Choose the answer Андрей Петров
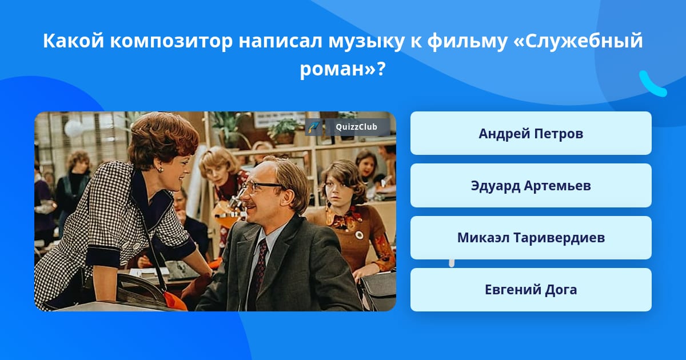[x=531, y=133]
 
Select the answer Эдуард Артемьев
[x=531, y=186]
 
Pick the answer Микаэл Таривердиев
[x=531, y=238]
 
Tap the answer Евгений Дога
[x=531, y=290]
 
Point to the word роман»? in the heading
[x=342, y=69]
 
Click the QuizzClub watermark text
[x=356, y=127]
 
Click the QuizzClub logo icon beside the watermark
[x=313, y=127]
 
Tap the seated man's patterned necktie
[x=259, y=269]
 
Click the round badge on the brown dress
[x=359, y=235]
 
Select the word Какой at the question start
[x=74, y=41]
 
